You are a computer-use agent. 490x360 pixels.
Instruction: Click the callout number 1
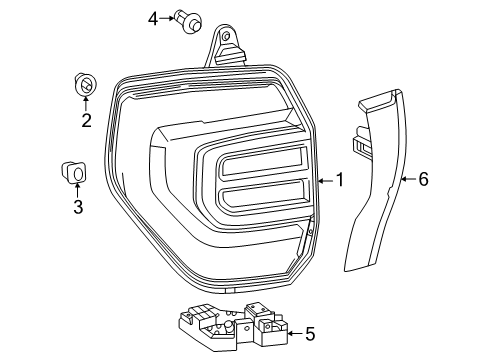click(340, 180)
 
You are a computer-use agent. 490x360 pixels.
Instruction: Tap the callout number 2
click(86, 121)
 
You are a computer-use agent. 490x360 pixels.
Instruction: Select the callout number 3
click(77, 207)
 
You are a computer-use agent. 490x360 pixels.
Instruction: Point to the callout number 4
click(153, 18)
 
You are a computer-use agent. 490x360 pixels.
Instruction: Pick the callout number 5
click(309, 333)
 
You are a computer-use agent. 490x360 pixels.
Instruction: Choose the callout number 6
click(422, 180)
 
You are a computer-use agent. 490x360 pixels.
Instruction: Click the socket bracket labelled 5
click(230, 322)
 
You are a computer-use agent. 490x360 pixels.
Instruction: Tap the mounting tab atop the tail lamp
click(227, 47)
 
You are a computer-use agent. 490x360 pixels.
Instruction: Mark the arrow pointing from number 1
click(324, 180)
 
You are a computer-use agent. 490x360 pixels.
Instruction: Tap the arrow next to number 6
click(407, 180)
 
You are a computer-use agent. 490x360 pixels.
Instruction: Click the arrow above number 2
click(86, 104)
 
